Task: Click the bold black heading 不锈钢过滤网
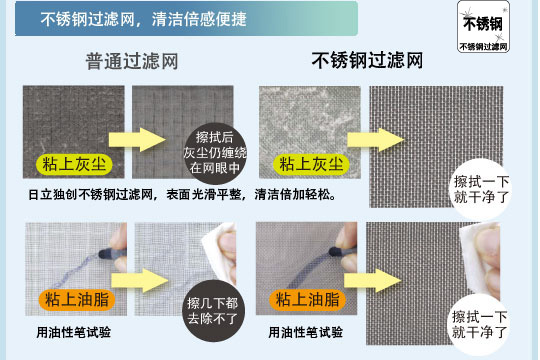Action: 367,60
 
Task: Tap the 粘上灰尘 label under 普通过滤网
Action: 75,163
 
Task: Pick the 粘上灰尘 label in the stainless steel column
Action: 310,163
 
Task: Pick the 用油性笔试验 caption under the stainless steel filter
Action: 306,331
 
